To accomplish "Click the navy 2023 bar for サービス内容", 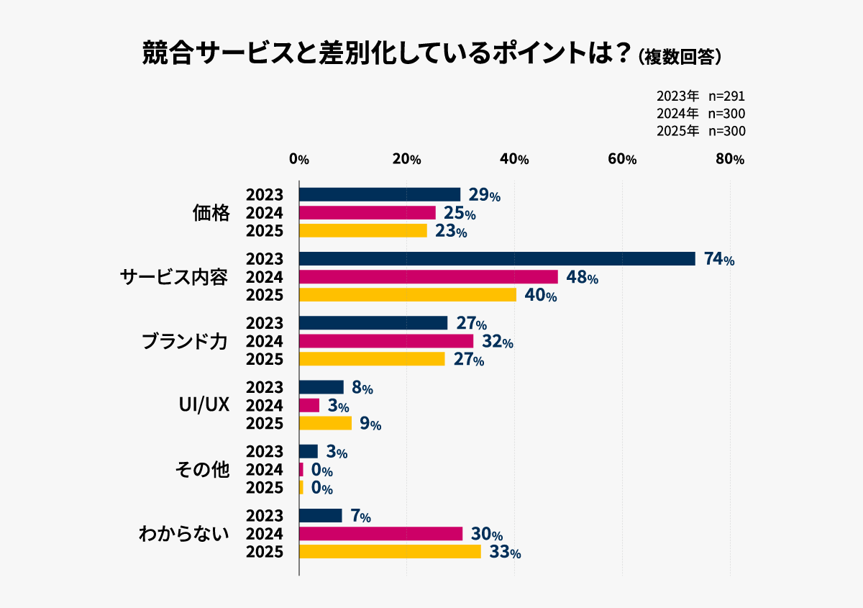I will click(496, 259).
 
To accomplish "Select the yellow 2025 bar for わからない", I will click(389, 552).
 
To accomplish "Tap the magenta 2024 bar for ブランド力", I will click(385, 341).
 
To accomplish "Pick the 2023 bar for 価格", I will click(379, 194).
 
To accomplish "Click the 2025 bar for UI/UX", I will click(325, 423).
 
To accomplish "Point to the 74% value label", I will click(719, 260).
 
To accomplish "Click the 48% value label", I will click(582, 278).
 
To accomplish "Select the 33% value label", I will click(504, 553).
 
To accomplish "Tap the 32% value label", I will click(496, 342).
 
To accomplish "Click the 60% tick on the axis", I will click(622, 160).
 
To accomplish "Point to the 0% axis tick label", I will click(298, 160).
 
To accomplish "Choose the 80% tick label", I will click(729, 160).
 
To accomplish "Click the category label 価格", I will click(211, 213).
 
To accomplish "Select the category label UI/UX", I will click(204, 405).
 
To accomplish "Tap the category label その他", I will click(202, 470).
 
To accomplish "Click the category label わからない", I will click(183, 534).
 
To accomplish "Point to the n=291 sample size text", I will click(726, 96).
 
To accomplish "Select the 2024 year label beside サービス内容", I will click(264, 277).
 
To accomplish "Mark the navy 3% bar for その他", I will click(308, 451).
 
